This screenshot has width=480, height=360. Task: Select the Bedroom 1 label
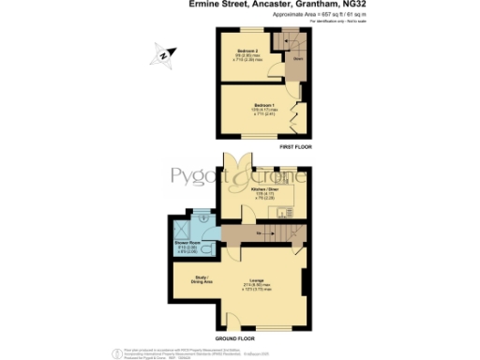click(265, 105)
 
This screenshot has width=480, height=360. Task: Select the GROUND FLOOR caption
click(235, 337)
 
